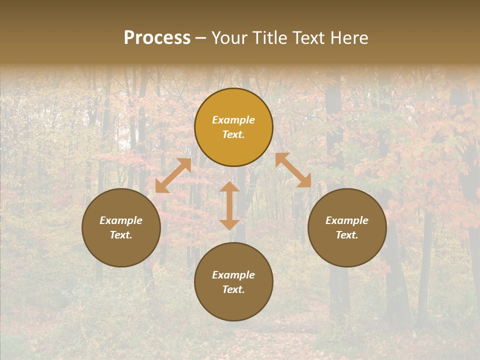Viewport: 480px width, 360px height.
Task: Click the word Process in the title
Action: [157, 38]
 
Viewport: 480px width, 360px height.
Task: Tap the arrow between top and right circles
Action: [293, 170]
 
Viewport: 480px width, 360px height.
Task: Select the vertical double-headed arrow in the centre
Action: [229, 205]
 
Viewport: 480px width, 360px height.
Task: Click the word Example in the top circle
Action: [233, 120]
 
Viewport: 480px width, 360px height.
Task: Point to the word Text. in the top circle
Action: [233, 134]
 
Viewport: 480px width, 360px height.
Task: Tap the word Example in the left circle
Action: [121, 220]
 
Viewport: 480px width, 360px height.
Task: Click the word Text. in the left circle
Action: [121, 235]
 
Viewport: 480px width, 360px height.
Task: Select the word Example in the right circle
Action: [347, 220]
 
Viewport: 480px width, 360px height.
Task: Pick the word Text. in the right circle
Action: [347, 235]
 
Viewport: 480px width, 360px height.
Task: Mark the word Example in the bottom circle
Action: [233, 275]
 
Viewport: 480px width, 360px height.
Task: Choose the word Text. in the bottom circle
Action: [233, 289]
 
